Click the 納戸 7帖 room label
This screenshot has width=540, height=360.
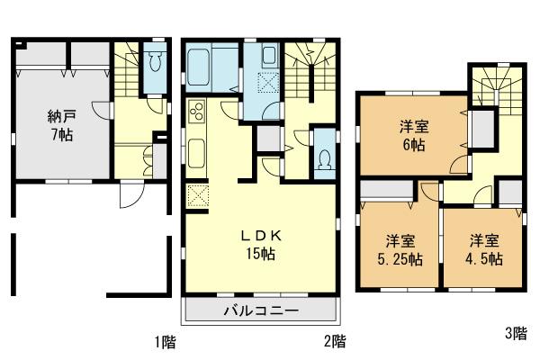click(x=60, y=125)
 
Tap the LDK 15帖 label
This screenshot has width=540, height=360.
click(x=261, y=244)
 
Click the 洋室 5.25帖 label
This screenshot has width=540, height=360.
click(x=400, y=249)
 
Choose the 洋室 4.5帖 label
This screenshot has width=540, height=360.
click(x=482, y=249)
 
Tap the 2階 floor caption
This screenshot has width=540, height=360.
click(x=334, y=341)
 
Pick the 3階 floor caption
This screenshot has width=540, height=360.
click(x=515, y=334)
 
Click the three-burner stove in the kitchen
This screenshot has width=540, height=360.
click(x=197, y=114)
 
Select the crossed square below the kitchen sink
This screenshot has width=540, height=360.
click(x=197, y=195)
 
